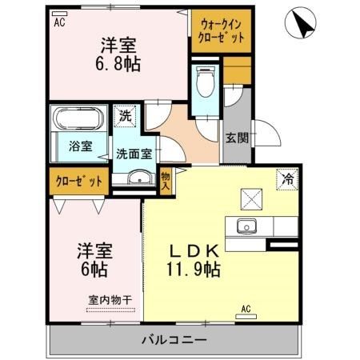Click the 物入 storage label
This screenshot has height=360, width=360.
tap(166, 181)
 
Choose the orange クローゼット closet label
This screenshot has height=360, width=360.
tap(79, 181)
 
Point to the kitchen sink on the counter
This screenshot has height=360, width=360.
tap(246, 226)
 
